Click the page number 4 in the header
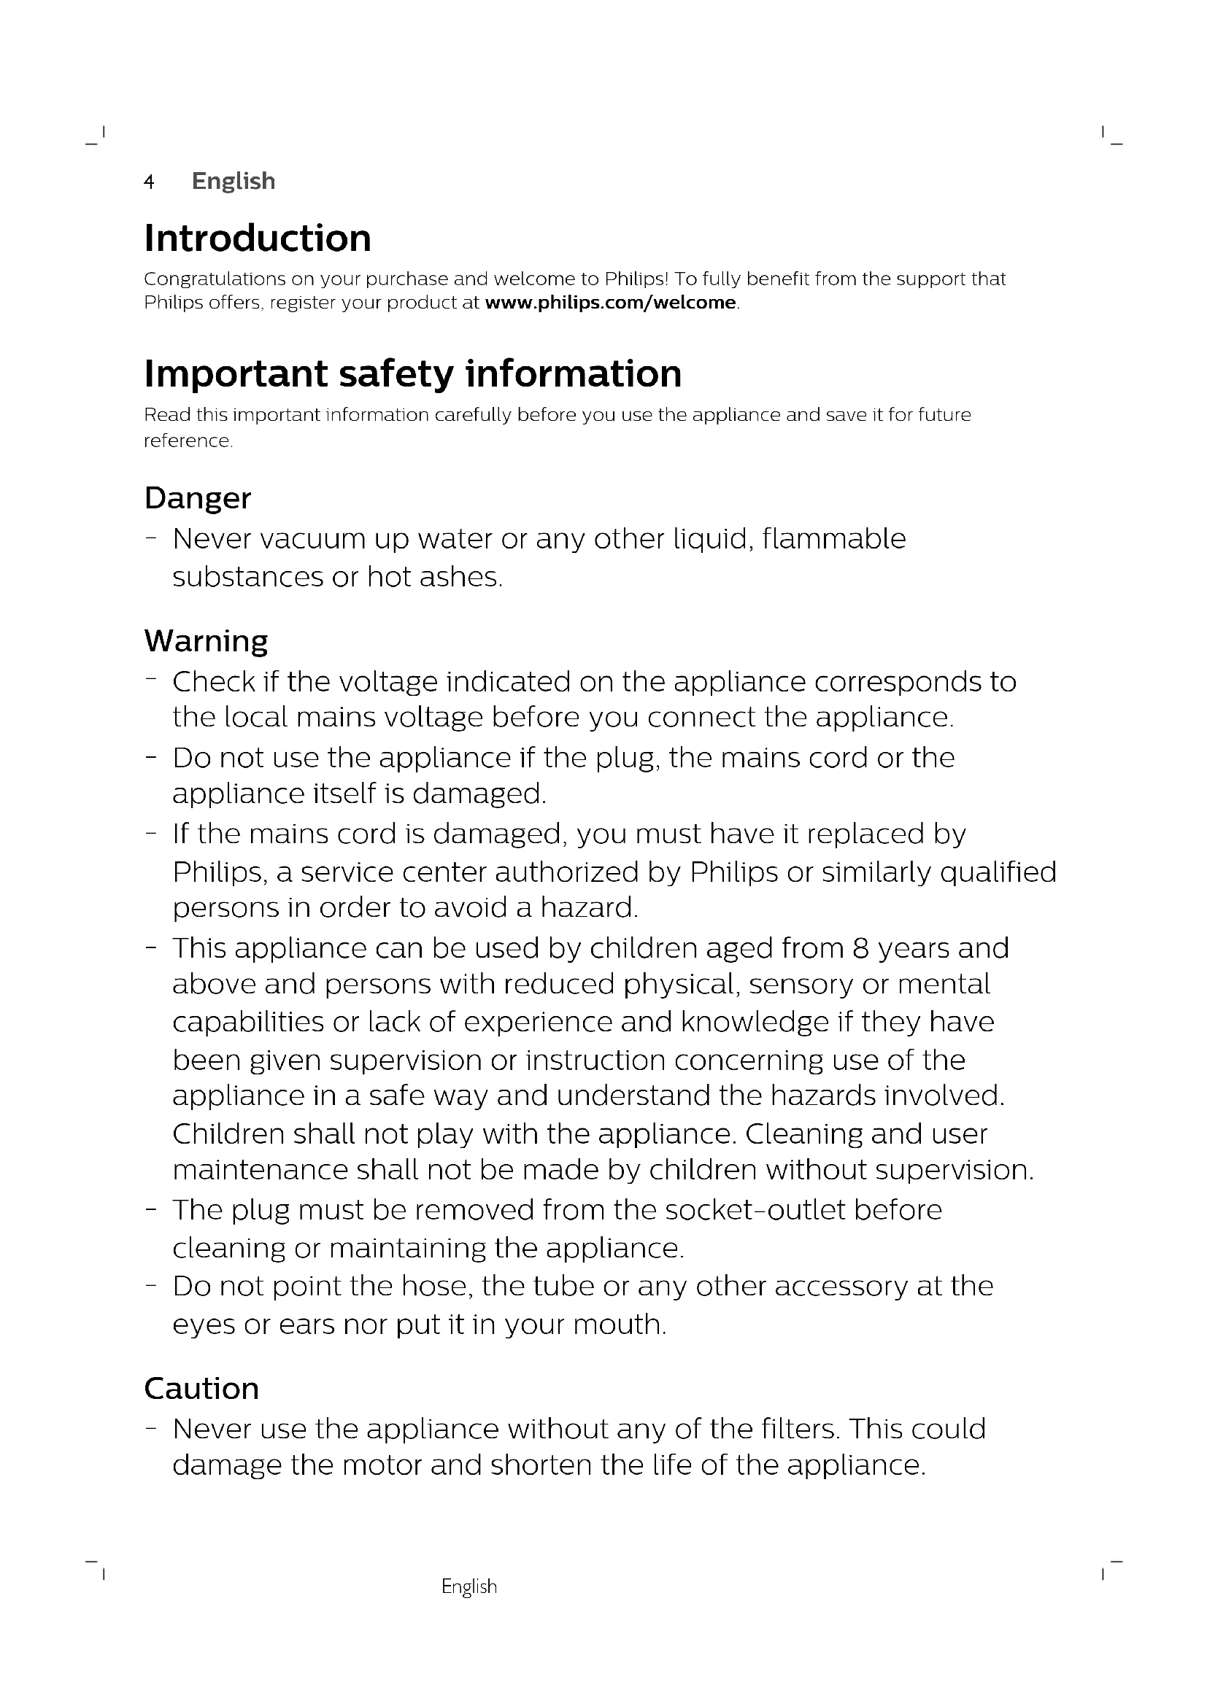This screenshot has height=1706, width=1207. (149, 182)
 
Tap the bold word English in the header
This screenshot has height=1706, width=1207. (234, 181)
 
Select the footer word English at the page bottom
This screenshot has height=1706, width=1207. (469, 1586)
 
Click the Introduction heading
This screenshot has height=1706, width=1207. (257, 238)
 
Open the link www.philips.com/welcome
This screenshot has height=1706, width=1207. (610, 303)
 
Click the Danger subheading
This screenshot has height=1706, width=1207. (198, 498)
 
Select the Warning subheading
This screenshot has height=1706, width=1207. (206, 640)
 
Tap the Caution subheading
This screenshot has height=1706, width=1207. (201, 1388)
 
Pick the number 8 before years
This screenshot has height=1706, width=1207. (860, 948)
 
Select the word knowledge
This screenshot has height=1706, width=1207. (755, 1022)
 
